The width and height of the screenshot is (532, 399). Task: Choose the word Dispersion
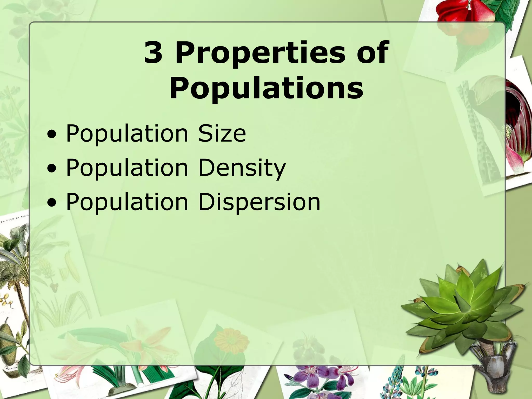pyautogui.click(x=259, y=202)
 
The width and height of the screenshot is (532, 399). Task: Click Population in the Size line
pyautogui.click(x=127, y=134)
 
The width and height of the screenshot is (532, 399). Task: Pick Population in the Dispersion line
pyautogui.click(x=127, y=202)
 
